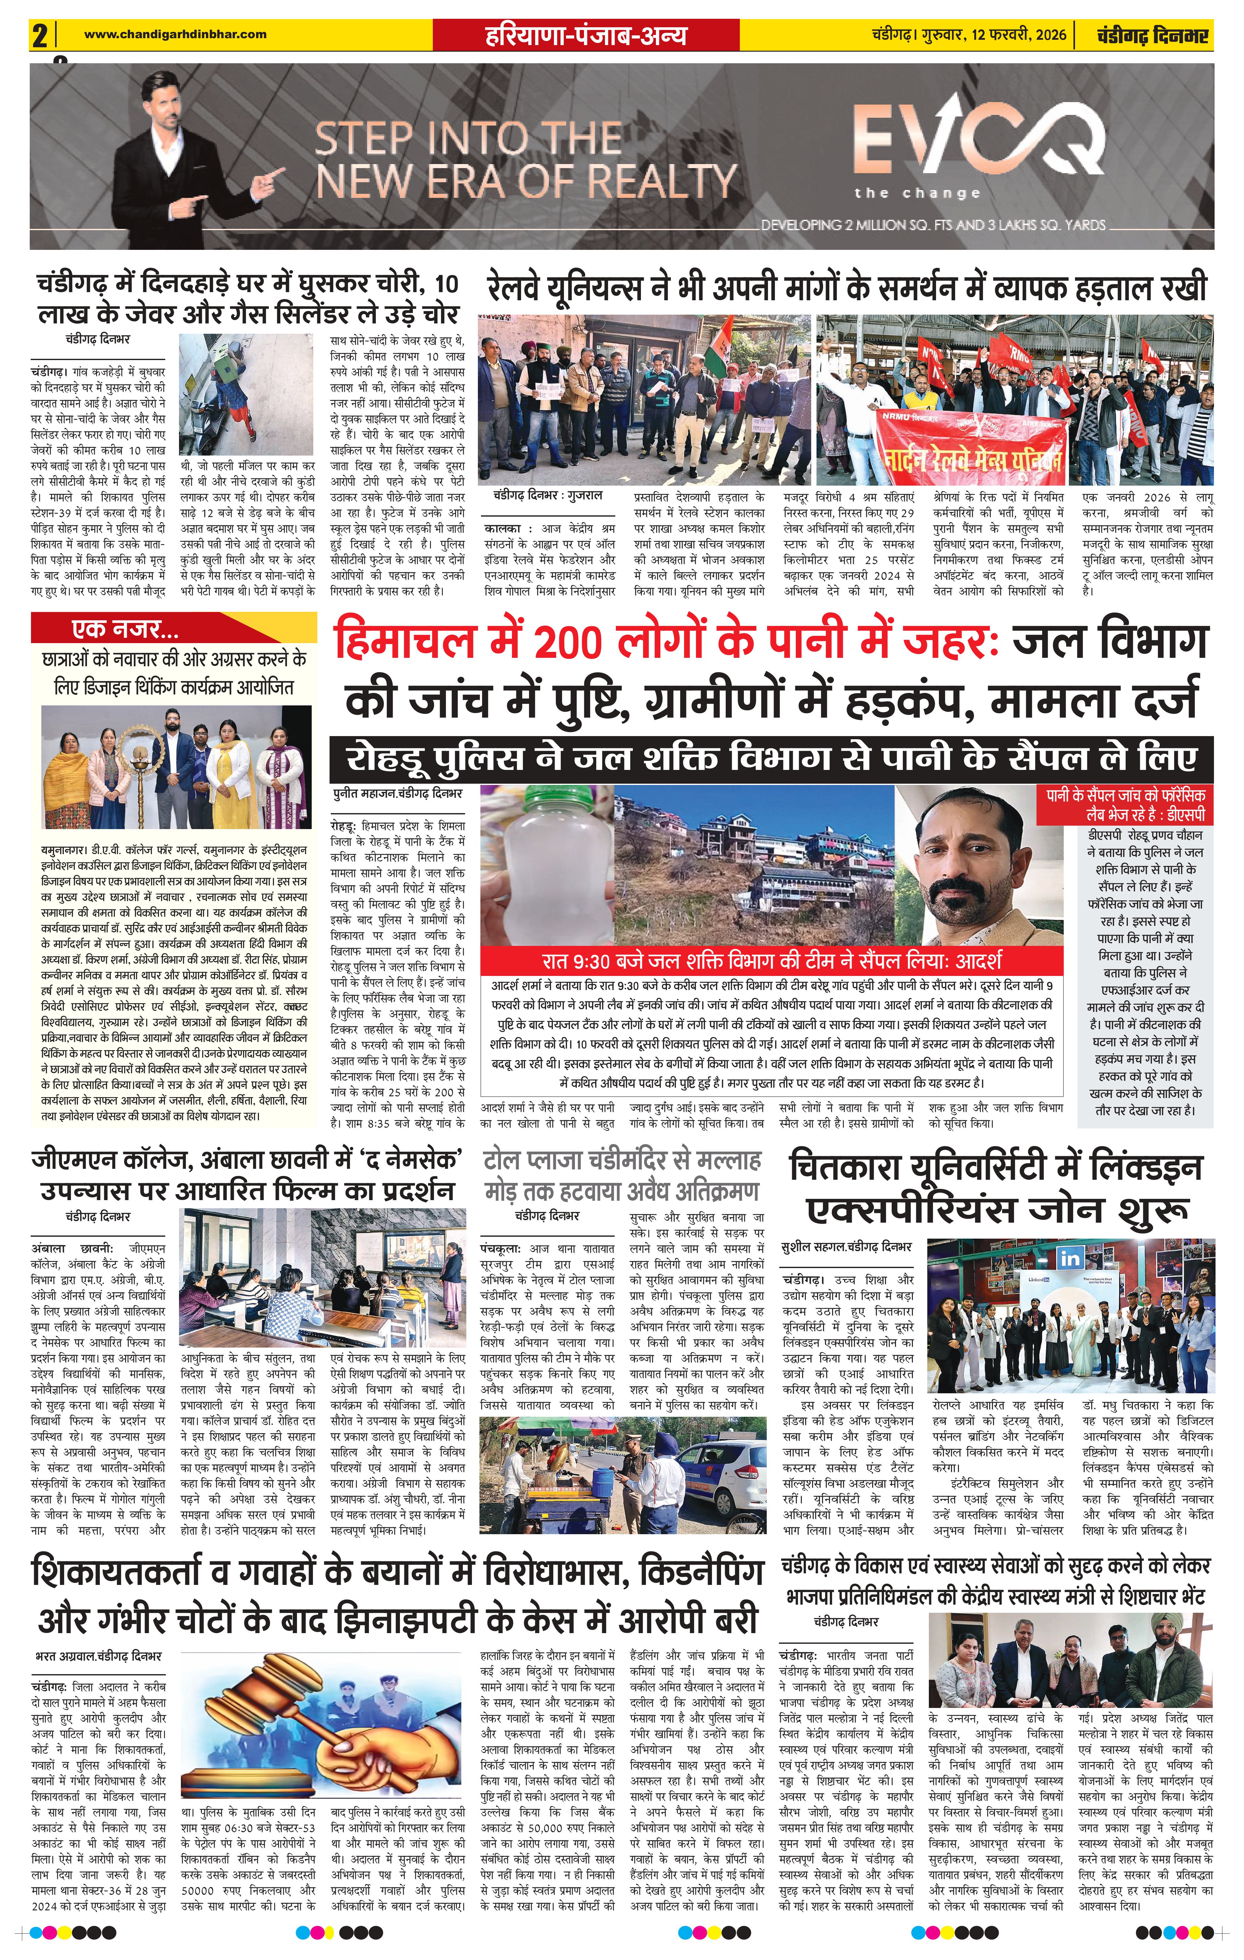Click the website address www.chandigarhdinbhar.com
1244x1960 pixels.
[175, 34]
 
